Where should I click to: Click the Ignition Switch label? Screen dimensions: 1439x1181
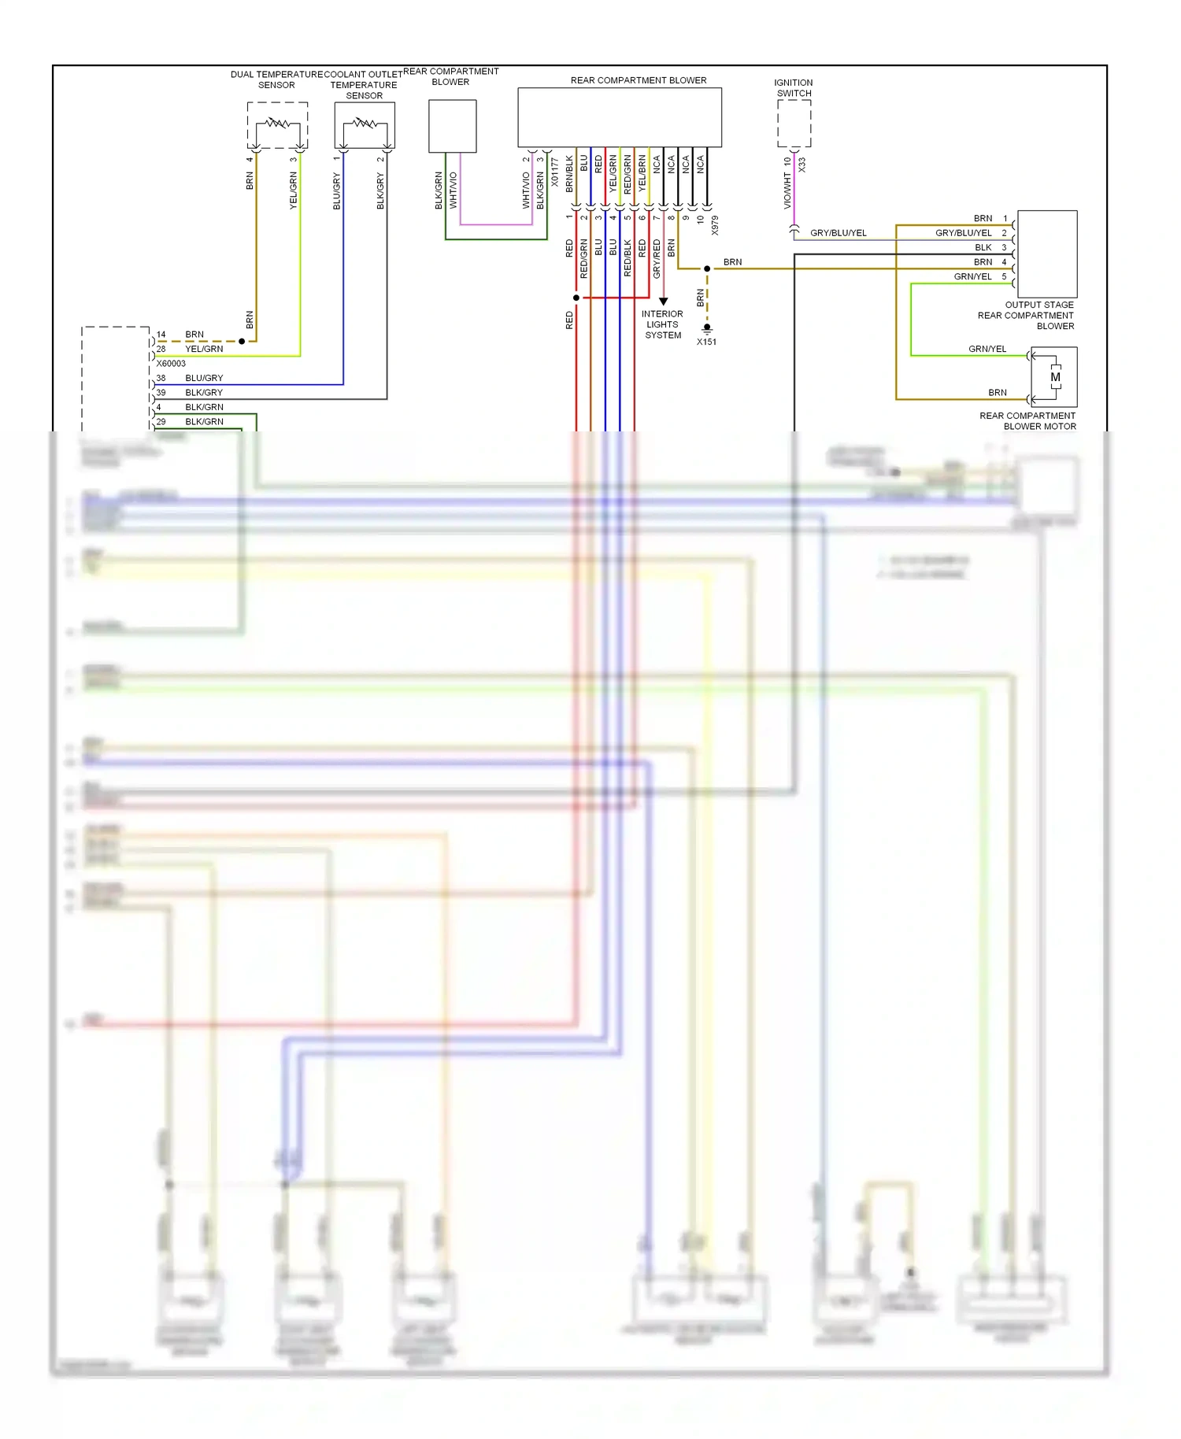point(794,87)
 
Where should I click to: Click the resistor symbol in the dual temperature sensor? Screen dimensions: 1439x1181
point(277,123)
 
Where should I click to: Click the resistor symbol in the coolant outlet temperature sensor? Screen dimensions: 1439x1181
point(364,123)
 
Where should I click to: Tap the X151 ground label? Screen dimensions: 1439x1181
point(706,342)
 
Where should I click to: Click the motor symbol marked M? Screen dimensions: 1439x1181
point(1055,377)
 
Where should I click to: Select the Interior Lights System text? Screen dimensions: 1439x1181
point(662,324)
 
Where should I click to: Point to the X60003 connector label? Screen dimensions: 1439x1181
point(171,364)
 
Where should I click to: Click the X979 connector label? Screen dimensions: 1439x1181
point(715,225)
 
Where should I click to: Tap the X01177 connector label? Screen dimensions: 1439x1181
point(554,172)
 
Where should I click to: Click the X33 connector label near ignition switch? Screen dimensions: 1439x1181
point(802,165)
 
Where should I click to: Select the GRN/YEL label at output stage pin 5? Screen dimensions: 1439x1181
point(972,276)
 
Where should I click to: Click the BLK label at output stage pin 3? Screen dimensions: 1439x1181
point(983,247)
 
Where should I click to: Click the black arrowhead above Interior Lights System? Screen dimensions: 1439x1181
point(663,301)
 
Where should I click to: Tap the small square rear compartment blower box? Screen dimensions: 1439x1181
point(452,126)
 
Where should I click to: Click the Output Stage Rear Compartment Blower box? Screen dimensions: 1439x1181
point(1046,253)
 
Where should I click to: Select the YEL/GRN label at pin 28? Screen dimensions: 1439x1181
point(204,349)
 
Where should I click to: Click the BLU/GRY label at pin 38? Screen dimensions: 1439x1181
point(204,378)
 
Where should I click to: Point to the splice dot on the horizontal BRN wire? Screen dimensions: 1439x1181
point(707,268)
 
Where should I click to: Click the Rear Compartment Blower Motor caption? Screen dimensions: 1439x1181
point(1027,421)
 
